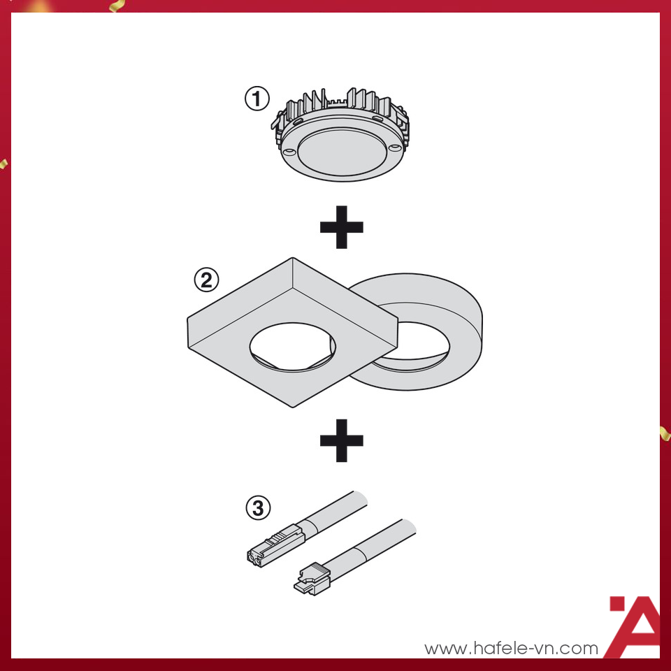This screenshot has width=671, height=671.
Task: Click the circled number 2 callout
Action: [205, 280]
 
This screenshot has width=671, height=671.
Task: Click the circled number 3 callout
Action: [258, 508]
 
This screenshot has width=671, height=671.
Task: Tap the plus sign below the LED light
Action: [341, 227]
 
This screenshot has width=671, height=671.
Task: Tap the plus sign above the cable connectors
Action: [341, 440]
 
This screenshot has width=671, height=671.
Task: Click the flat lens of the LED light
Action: [340, 152]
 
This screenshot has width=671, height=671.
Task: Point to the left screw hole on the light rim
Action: [289, 150]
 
